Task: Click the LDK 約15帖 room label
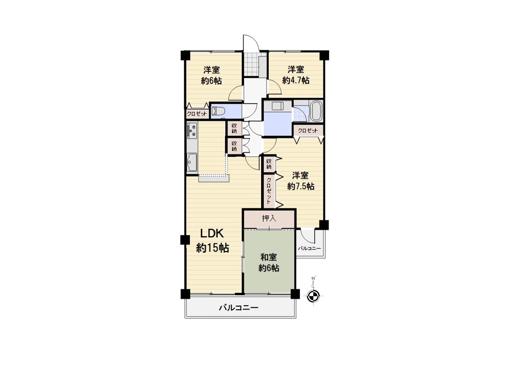[x=213, y=240]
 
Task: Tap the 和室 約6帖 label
[x=269, y=263]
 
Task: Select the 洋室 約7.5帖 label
[x=301, y=181]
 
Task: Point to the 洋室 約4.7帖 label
[x=296, y=75]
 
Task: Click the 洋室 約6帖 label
[x=212, y=75]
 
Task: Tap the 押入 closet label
[x=269, y=218]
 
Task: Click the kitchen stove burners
[x=192, y=130]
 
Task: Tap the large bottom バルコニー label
[x=238, y=307]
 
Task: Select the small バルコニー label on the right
[x=309, y=248]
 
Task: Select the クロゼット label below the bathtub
[x=308, y=130]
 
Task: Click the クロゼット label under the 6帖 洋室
[x=197, y=114]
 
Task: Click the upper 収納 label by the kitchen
[x=234, y=128]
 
